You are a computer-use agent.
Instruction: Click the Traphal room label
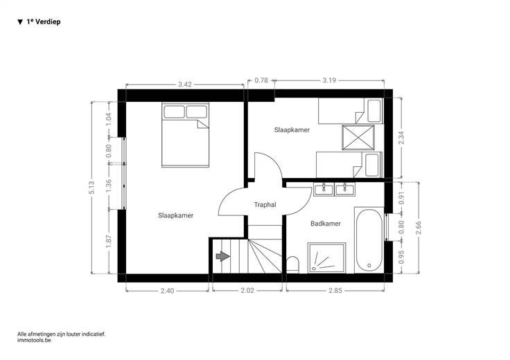click(x=265, y=205)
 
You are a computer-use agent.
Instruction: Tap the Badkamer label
click(x=326, y=224)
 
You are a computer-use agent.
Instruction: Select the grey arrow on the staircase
click(x=223, y=256)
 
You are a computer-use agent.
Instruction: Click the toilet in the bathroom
click(x=292, y=264)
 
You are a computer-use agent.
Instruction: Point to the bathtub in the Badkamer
click(x=369, y=240)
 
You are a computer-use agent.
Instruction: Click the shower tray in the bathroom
click(x=326, y=258)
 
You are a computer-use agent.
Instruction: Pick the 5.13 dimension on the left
click(x=91, y=188)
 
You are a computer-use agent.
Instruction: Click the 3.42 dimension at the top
click(x=185, y=84)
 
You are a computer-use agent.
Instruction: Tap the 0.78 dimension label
click(x=261, y=80)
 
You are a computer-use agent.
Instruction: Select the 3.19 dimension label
click(x=329, y=80)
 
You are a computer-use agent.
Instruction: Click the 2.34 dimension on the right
click(x=401, y=138)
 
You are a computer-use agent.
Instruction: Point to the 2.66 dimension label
click(x=419, y=228)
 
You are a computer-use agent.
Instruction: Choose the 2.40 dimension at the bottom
click(x=167, y=291)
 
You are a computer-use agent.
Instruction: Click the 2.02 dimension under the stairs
click(x=247, y=291)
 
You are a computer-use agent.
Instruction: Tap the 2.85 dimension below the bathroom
click(x=335, y=291)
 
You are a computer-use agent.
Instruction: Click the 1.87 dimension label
click(x=109, y=242)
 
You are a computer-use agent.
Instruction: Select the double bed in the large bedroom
click(x=185, y=135)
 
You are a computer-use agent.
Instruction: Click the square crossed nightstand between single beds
click(x=358, y=138)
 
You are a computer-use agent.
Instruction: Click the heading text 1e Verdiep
click(x=44, y=21)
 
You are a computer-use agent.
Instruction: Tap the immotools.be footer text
click(x=34, y=340)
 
